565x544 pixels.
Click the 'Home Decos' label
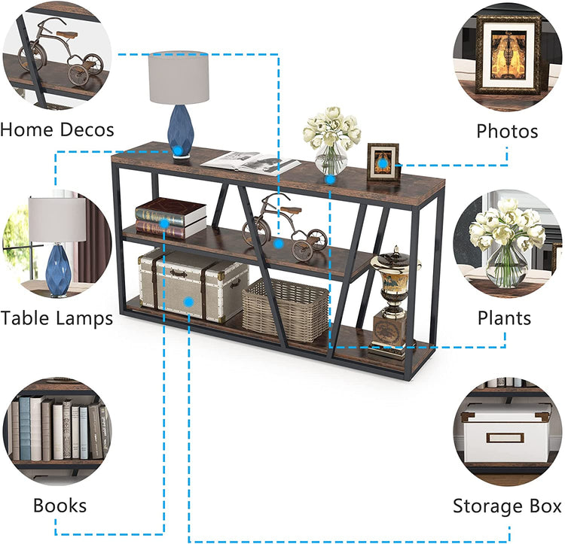click(57, 129)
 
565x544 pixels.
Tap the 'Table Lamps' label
click(56, 318)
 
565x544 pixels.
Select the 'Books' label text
click(60, 505)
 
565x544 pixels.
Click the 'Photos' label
click(507, 131)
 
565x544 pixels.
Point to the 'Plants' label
click(505, 318)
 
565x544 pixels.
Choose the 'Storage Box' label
click(507, 506)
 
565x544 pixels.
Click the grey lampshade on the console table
click(179, 77)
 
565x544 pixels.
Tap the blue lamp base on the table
click(179, 129)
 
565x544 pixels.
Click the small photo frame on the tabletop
click(383, 162)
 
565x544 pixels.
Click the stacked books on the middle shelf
click(170, 217)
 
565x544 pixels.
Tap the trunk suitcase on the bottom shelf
click(191, 284)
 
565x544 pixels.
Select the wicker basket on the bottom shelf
click(285, 308)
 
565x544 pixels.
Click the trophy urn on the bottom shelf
click(392, 301)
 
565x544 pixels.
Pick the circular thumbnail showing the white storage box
click(508, 433)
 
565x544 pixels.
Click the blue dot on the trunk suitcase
click(189, 302)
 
